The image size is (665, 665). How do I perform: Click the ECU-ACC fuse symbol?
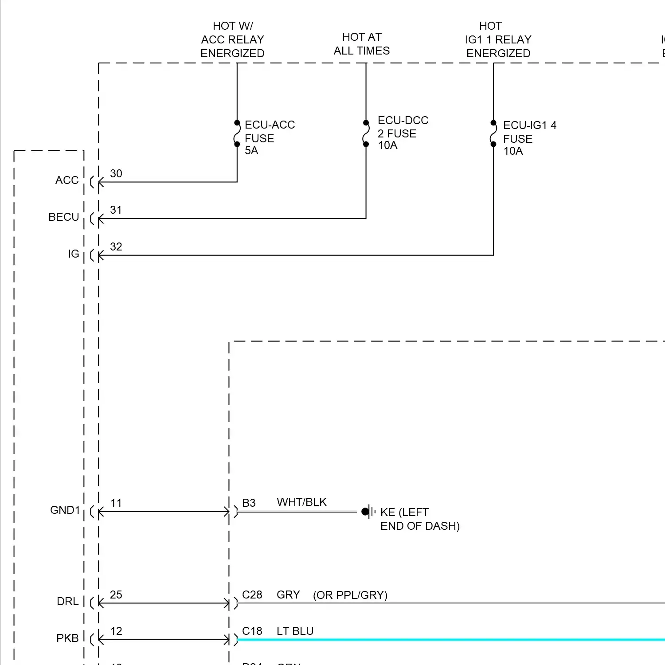[x=237, y=133]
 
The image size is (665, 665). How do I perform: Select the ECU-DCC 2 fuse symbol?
[x=366, y=133]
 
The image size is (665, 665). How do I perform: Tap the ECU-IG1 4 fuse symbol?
[x=493, y=133]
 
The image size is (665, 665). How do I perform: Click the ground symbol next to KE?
[x=368, y=512]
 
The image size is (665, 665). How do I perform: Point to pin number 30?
[x=116, y=173]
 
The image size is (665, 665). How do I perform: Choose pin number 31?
[x=116, y=210]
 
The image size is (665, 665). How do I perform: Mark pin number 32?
[x=116, y=246]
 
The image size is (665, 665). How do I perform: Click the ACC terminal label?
[x=67, y=180]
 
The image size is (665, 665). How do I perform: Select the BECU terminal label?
[x=64, y=217]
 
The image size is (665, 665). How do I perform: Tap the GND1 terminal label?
[x=65, y=510]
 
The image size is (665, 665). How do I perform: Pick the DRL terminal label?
[x=68, y=602]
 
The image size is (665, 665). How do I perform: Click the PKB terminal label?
[x=67, y=638]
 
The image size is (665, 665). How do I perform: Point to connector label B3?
[x=249, y=503]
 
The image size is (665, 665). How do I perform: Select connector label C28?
[x=252, y=595]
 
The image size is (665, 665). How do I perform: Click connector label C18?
[x=252, y=631]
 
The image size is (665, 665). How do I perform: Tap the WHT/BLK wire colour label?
[x=301, y=502]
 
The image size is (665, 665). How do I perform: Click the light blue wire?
[x=443, y=640]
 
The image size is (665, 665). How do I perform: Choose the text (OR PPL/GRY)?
[x=350, y=595]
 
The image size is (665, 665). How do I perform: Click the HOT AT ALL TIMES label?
[x=362, y=44]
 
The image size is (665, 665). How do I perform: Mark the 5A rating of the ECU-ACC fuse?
[x=251, y=151]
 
